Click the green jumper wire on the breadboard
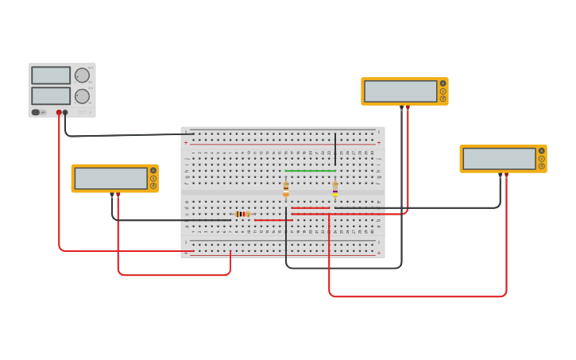click(310, 170)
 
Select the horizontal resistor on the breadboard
click(242, 214)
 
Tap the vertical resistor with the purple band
click(335, 188)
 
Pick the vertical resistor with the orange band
click(286, 188)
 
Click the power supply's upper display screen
click(51, 75)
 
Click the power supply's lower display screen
click(51, 96)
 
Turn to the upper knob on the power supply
click(82, 75)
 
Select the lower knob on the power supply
click(82, 96)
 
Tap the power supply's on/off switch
click(37, 112)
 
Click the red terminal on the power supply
click(59, 113)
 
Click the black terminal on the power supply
click(65, 113)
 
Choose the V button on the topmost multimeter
click(443, 91)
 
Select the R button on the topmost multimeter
click(443, 99)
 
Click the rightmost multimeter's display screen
click(499, 158)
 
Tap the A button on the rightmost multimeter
click(542, 150)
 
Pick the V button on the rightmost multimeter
click(542, 158)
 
